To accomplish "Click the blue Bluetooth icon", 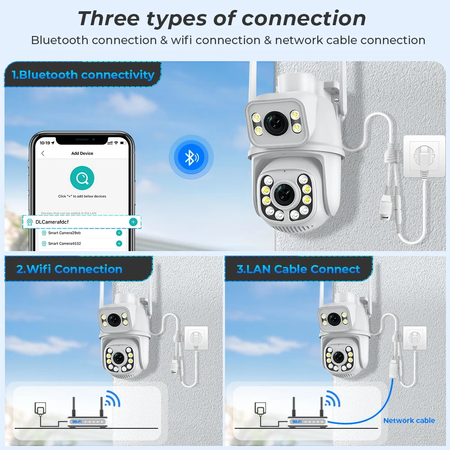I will click(191, 157).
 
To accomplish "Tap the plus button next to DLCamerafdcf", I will click(133, 222).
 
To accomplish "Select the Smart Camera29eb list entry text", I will click(64, 233).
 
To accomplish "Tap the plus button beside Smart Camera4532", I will click(119, 243).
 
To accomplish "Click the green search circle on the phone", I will click(82, 178).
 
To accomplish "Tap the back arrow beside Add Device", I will click(43, 153).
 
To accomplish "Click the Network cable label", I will click(409, 420).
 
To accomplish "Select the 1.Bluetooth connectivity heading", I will click(83, 75).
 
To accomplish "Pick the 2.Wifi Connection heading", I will click(69, 269).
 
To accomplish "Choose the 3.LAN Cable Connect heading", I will click(298, 269).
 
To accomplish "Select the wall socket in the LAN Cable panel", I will click(414, 337).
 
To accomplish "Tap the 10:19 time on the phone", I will click(45, 143).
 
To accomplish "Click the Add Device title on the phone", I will click(82, 153).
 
